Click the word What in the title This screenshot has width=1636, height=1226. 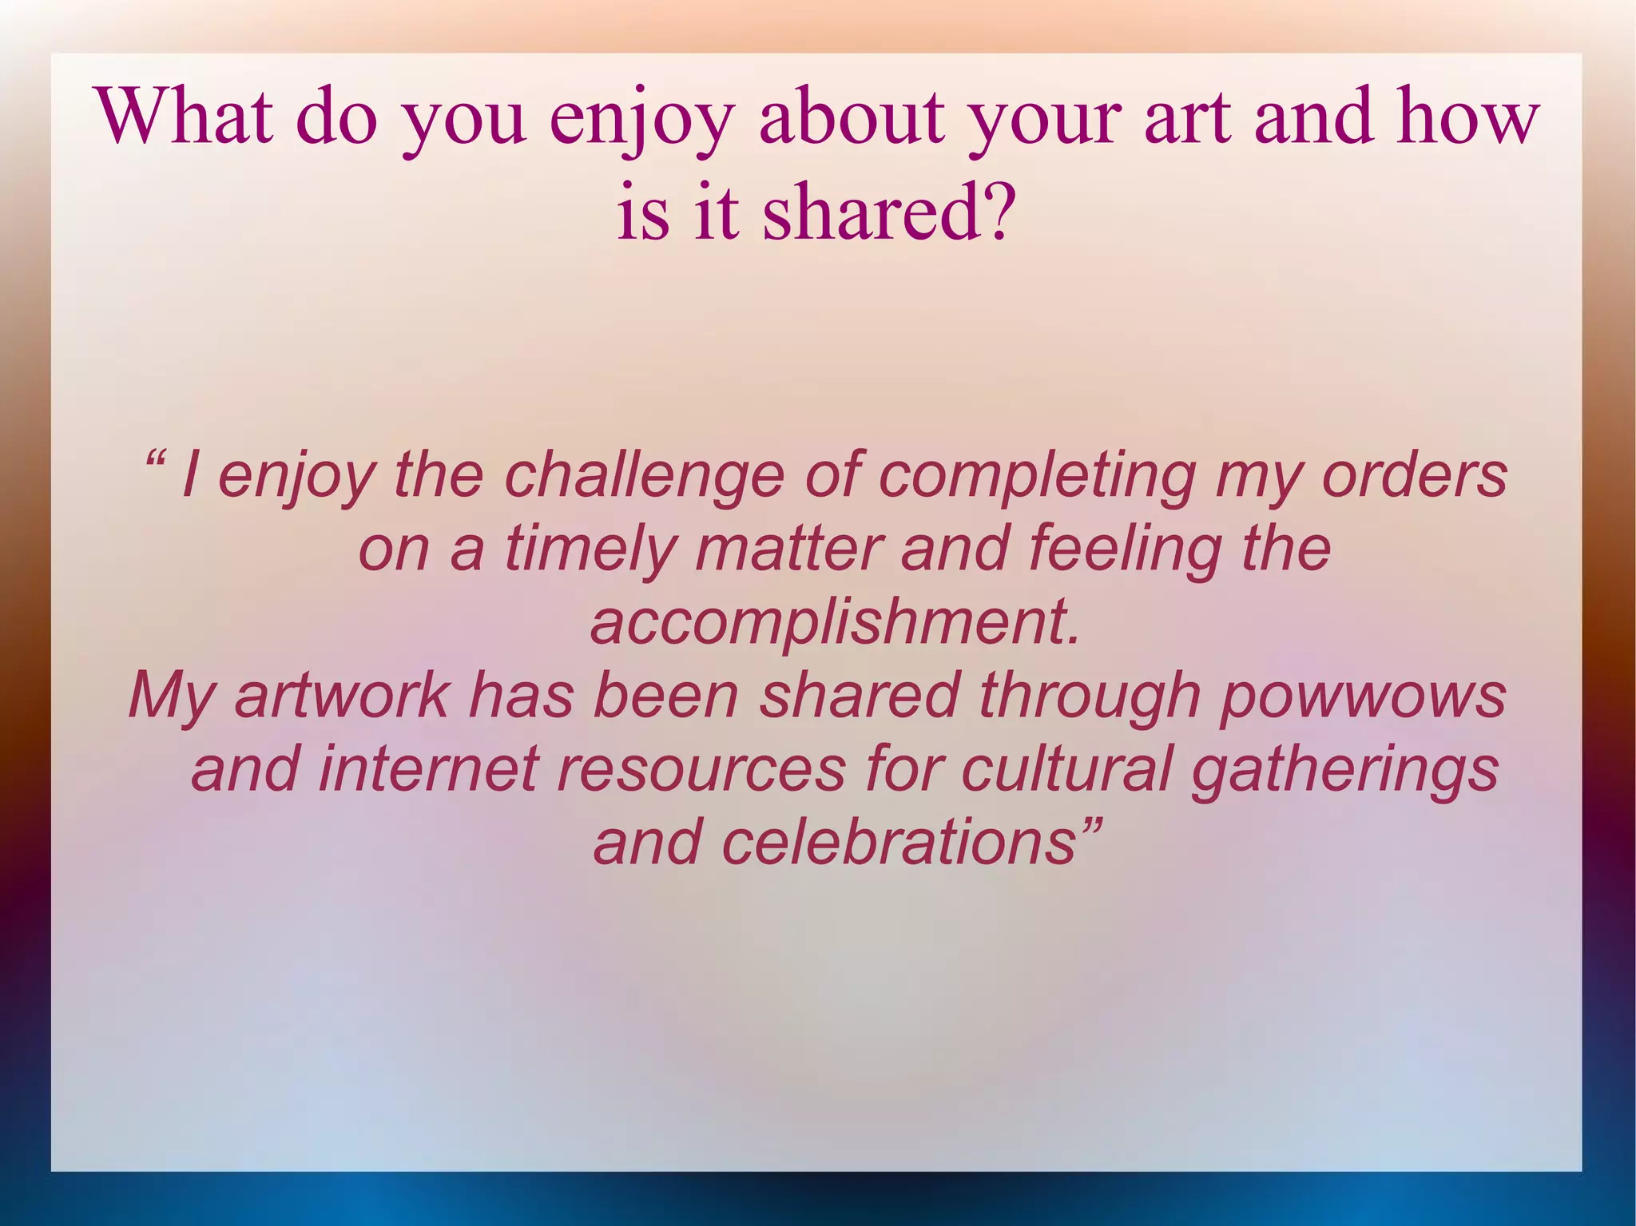[185, 117]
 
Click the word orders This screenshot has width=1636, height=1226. [1414, 475]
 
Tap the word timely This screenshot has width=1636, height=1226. [590, 550]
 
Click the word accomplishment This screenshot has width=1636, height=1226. [835, 624]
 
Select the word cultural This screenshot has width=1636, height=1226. [1066, 768]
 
